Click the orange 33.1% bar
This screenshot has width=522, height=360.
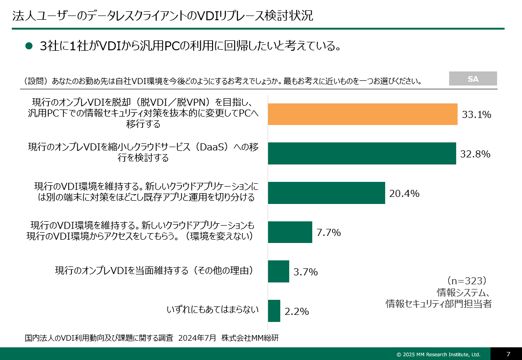pyautogui.click(x=363, y=114)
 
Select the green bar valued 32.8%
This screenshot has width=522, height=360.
pyautogui.click(x=362, y=153)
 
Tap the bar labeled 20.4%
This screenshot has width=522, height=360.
pyautogui.click(x=326, y=193)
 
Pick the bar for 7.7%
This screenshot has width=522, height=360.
pyautogui.click(x=290, y=232)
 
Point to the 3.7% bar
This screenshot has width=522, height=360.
pyautogui.click(x=278, y=272)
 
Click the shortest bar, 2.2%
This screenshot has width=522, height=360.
pyautogui.click(x=274, y=311)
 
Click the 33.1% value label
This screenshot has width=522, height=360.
pyautogui.click(x=476, y=115)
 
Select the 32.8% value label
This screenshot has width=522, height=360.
pyautogui.click(x=475, y=154)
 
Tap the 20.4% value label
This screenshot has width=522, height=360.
pyautogui.click(x=404, y=193)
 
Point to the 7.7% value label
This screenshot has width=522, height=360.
pyautogui.click(x=328, y=233)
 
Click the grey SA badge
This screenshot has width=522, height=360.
pyautogui.click(x=473, y=79)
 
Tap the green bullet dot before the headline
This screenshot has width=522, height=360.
pyautogui.click(x=29, y=46)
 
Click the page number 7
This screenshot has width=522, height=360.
pyautogui.click(x=508, y=354)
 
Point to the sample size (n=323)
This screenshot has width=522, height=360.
pyautogui.click(x=467, y=281)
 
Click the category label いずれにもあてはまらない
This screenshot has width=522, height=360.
pyautogui.click(x=213, y=310)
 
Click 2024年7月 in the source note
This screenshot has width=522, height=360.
pyautogui.click(x=198, y=338)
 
